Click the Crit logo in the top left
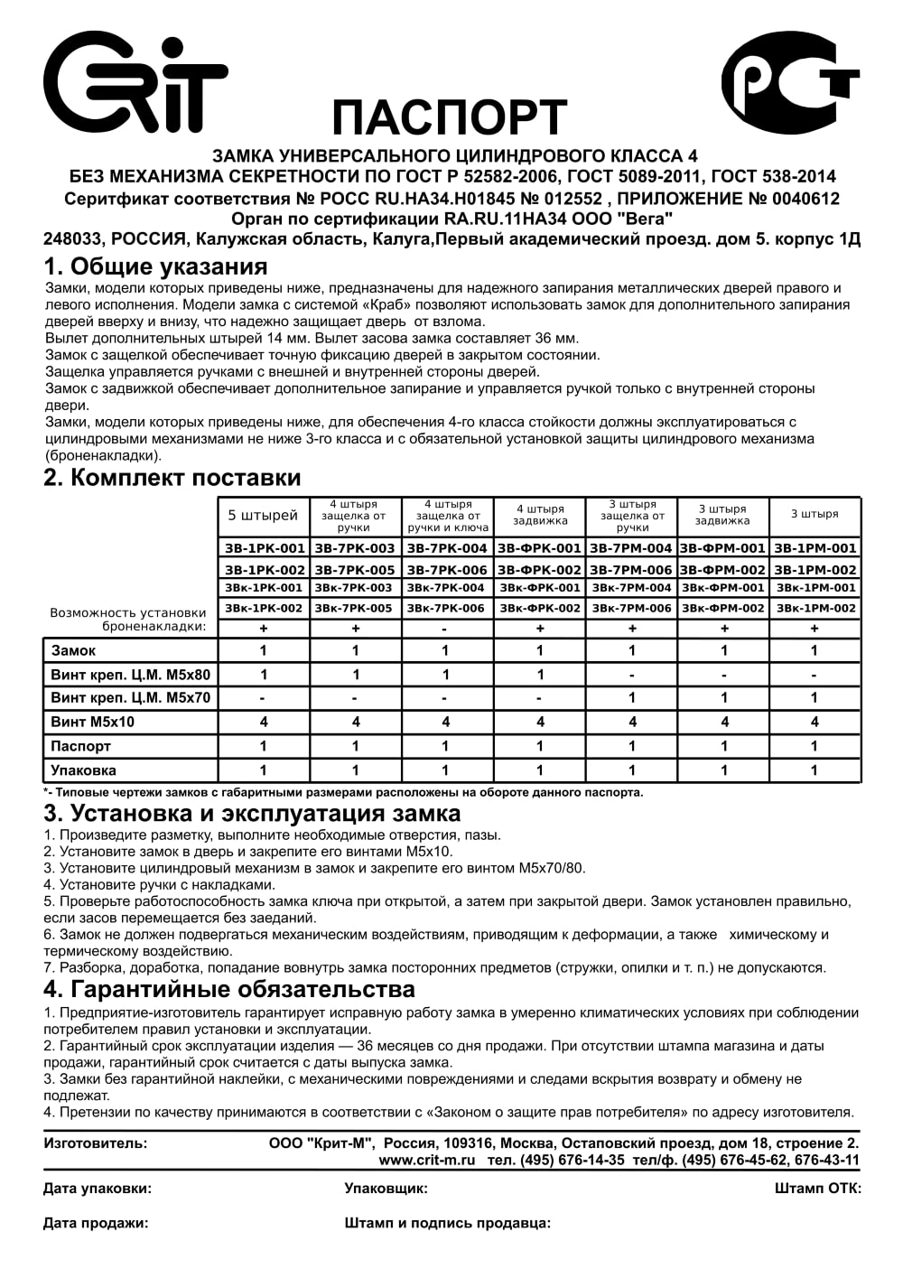pos(135,84)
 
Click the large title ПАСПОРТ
pos(449,117)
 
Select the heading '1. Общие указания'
pos(155,267)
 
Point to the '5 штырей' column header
pos(263,516)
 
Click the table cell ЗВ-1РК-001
pos(265,548)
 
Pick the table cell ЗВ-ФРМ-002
pos(722,570)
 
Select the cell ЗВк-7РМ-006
pos(632,609)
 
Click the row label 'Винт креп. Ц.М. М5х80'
pos(131,675)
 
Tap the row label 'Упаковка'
pos(84,770)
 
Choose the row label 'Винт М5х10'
pos(93,722)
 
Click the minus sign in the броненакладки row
pos(448,628)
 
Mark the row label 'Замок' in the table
pos(74,650)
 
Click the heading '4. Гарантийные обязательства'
pos(229,989)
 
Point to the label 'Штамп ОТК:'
pos(817,1189)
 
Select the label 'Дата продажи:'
pos(96,1224)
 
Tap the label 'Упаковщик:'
pos(386,1189)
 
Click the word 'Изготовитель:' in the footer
pos(95,1143)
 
